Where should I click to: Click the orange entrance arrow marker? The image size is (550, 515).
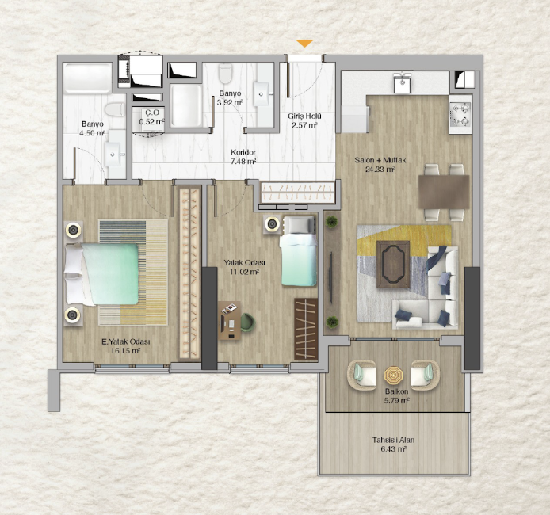(304, 44)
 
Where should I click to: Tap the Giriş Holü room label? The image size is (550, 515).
(304, 116)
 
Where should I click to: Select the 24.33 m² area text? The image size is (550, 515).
(380, 170)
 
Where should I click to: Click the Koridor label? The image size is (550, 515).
(243, 152)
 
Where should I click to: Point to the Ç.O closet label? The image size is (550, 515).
(152, 113)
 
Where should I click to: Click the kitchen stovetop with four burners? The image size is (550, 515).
(460, 114)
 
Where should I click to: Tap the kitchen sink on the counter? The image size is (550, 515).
(403, 82)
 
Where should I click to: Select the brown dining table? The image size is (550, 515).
(444, 192)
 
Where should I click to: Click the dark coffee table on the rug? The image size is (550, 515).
(393, 265)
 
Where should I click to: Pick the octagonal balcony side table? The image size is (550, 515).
(393, 376)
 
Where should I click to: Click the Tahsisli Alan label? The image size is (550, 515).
(393, 440)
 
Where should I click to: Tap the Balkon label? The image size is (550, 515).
(396, 391)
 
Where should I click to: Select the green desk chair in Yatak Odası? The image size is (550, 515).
(247, 322)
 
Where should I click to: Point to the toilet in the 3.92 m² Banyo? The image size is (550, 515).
(225, 73)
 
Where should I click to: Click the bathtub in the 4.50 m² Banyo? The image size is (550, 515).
(88, 78)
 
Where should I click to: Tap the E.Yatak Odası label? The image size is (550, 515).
(126, 341)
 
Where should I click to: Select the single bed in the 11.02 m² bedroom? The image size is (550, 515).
(298, 251)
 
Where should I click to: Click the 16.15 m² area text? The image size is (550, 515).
(125, 351)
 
